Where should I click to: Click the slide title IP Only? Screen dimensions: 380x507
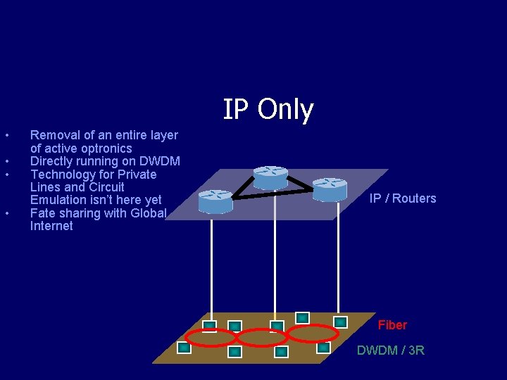(x=268, y=109)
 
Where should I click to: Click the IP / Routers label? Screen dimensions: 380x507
(x=403, y=198)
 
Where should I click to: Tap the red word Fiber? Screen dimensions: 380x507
(x=392, y=325)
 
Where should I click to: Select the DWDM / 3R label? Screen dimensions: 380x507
(x=391, y=350)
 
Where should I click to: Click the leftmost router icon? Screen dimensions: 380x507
(x=215, y=201)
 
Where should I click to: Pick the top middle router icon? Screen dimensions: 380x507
(x=270, y=177)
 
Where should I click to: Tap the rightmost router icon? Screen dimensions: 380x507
(x=330, y=189)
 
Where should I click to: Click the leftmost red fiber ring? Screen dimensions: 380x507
(x=211, y=337)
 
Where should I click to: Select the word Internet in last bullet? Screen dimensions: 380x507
(x=51, y=226)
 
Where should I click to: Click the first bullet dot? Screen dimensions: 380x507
(x=6, y=135)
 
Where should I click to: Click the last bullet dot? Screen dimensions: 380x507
(x=6, y=213)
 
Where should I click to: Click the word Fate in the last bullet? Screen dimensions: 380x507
(x=43, y=213)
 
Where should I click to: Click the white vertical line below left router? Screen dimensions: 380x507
(x=211, y=267)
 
